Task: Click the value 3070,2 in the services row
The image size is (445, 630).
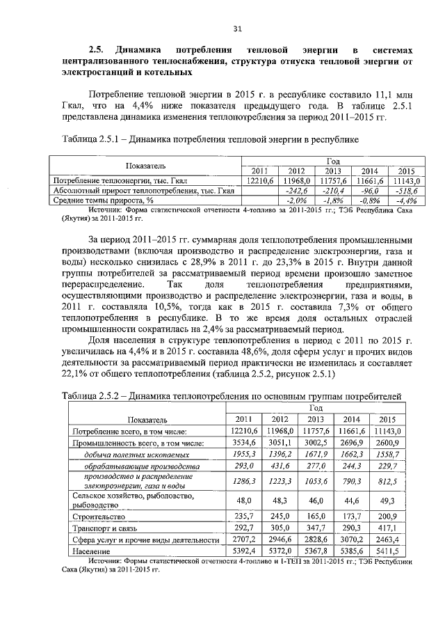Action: pos(351,539)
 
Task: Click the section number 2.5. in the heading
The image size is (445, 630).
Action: pos(96,50)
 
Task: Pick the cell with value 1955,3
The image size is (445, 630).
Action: pos(243,453)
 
